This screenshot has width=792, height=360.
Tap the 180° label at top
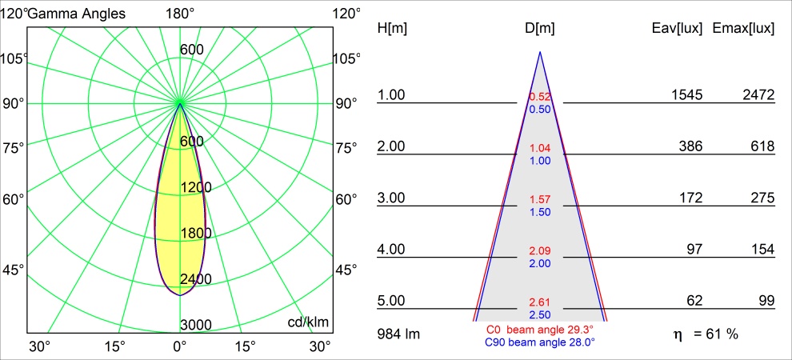pyautogui.click(x=180, y=14)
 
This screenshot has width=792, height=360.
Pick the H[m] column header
pyautogui.click(x=392, y=29)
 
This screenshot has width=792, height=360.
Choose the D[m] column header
pyautogui.click(x=540, y=29)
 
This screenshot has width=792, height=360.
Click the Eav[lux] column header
pyautogui.click(x=678, y=29)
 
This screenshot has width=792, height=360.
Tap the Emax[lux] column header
pyautogui.click(x=743, y=29)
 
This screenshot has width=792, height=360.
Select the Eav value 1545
pyautogui.click(x=686, y=95)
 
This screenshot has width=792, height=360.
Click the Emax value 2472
pyautogui.click(x=758, y=95)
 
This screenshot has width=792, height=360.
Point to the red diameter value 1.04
pyautogui.click(x=540, y=149)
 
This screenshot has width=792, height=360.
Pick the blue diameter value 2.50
pyautogui.click(x=540, y=314)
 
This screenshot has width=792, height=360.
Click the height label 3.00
pyautogui.click(x=392, y=198)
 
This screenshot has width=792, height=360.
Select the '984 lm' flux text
pyautogui.click(x=398, y=334)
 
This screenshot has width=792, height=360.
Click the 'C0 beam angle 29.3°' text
pyautogui.click(x=540, y=330)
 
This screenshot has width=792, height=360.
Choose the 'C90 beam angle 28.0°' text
pyautogui.click(x=540, y=342)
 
